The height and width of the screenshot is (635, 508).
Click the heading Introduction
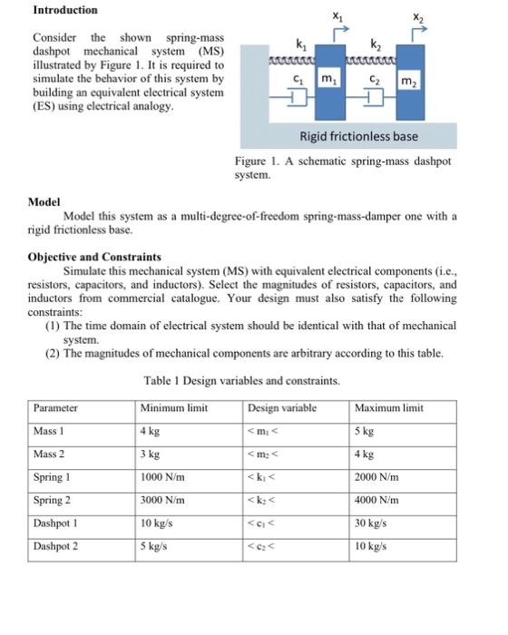tap(65, 10)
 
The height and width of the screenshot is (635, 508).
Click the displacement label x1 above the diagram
tap(337, 15)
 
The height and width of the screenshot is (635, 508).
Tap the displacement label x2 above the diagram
tap(416, 15)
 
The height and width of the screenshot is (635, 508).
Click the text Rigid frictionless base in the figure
tap(358, 136)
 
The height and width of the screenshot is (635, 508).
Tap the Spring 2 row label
tap(53, 500)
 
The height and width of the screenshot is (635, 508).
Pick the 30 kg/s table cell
tap(375, 523)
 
